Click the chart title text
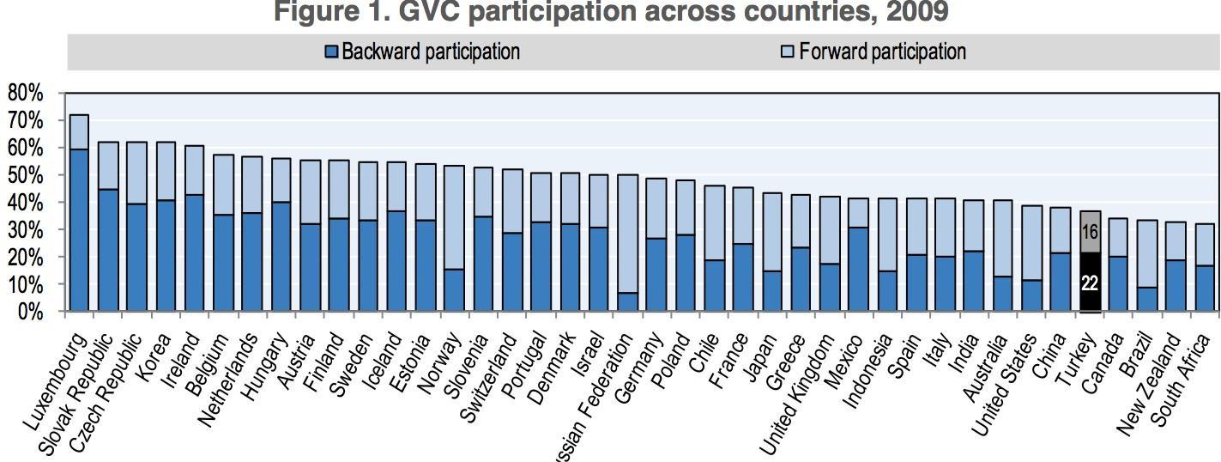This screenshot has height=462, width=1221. pos(610,12)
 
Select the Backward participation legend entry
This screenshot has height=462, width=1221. pos(423,52)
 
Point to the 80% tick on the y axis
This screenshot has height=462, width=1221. pos(25,93)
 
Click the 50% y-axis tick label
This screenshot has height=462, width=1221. pos(25,175)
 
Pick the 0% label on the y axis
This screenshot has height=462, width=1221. pos(30,312)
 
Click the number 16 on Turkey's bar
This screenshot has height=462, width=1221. pos(1090,232)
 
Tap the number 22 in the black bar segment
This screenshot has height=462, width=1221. pos(1090,282)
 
